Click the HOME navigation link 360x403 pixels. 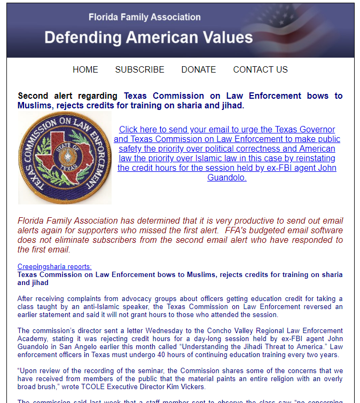[85, 69]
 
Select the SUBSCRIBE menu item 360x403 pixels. [139, 69]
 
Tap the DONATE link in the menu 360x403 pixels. [199, 69]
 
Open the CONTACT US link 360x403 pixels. [260, 69]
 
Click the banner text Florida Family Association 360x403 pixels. [145, 17]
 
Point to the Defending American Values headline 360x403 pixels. [148, 37]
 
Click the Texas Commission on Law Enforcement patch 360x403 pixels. [65, 158]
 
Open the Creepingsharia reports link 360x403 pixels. [54, 266]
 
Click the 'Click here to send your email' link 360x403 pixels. [227, 130]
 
